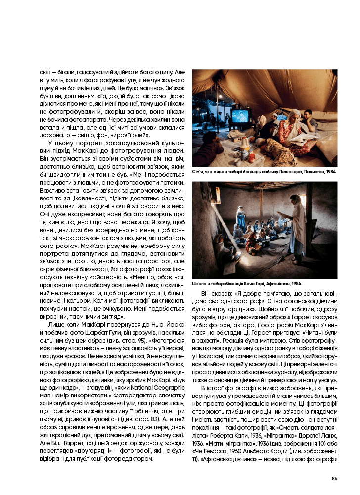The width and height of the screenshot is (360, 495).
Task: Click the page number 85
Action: tap(334, 478)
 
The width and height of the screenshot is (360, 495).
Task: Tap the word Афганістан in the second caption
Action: tap(278, 284)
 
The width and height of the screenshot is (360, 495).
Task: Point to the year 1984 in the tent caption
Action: tap(331, 172)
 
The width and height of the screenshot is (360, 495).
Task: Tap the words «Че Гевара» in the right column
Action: tap(207, 451)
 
